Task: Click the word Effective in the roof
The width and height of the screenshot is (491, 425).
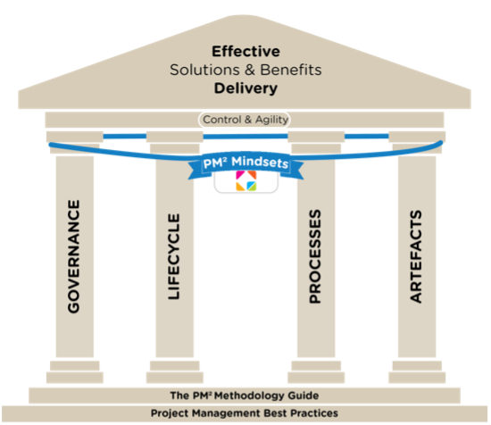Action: pos(245,52)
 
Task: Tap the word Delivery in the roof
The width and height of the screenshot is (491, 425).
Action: pos(245,88)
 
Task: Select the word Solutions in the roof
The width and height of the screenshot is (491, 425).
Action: pos(204,70)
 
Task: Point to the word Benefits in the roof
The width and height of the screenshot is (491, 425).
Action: pos(291,70)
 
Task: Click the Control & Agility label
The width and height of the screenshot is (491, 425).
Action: pos(245,120)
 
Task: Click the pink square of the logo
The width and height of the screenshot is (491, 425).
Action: pos(240,175)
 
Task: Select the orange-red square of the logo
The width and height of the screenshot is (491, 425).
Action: pos(252,175)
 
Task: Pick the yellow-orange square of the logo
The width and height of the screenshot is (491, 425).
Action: pos(240,186)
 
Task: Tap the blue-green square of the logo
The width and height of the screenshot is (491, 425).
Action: pos(252,186)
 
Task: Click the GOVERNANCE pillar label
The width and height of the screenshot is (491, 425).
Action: pos(74,256)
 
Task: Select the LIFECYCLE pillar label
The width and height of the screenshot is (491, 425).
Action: pos(174,256)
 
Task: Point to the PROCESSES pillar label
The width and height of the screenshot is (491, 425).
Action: pos(315,256)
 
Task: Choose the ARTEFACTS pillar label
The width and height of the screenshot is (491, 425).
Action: pos(416,256)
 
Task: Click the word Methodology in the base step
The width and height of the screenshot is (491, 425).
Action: pos(250,396)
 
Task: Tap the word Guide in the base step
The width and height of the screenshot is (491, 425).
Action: pos(304,396)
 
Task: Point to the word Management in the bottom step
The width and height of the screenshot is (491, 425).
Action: pos(226,413)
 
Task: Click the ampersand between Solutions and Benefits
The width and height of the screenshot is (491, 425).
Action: pos(250,70)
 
